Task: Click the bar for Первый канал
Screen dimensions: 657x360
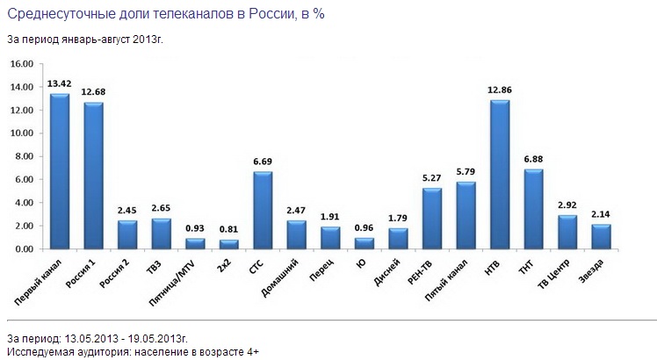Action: pos(60,171)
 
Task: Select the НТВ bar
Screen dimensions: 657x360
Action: pos(500,175)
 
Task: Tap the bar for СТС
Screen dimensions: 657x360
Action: pos(263,211)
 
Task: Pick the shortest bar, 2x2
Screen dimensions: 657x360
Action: pos(228,244)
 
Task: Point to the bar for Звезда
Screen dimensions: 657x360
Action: pos(602,237)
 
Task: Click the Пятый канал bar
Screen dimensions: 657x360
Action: pos(466,215)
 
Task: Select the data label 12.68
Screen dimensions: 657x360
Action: pos(93,92)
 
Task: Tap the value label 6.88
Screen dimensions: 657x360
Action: pos(533,159)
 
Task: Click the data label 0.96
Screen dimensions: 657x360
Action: pos(365,228)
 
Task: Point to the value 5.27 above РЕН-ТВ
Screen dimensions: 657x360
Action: pos(432,178)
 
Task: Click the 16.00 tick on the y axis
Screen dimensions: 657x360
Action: pos(22,64)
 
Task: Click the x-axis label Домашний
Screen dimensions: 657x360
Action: pos(279,277)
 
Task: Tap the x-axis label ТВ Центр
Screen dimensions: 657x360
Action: pos(554,274)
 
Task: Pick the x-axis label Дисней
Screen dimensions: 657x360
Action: pos(387,272)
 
